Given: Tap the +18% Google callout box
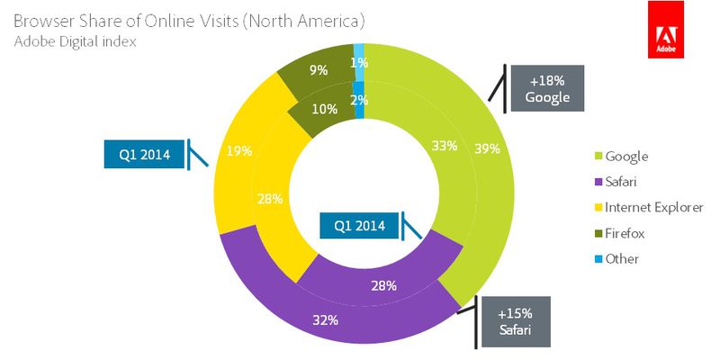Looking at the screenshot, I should [548, 88].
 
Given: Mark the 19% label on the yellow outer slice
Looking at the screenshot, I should [238, 153].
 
